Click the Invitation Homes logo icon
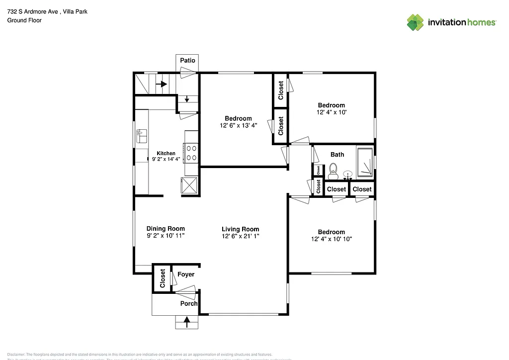click(x=416, y=22)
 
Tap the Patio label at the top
click(x=187, y=60)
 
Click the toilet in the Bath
click(x=333, y=172)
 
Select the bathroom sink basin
click(x=348, y=174)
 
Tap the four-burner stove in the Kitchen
click(x=191, y=153)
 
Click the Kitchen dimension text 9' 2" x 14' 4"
click(x=166, y=160)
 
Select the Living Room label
click(x=241, y=229)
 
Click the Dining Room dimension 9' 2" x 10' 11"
click(x=166, y=236)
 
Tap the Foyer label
click(x=186, y=274)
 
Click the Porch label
click(x=189, y=303)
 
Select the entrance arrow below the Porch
click(x=187, y=322)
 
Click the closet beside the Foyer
click(x=162, y=278)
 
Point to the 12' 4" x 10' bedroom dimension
click(x=331, y=112)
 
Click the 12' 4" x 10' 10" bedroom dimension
click(x=331, y=239)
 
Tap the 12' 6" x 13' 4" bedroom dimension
click(x=238, y=125)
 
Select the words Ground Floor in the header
click(x=24, y=20)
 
